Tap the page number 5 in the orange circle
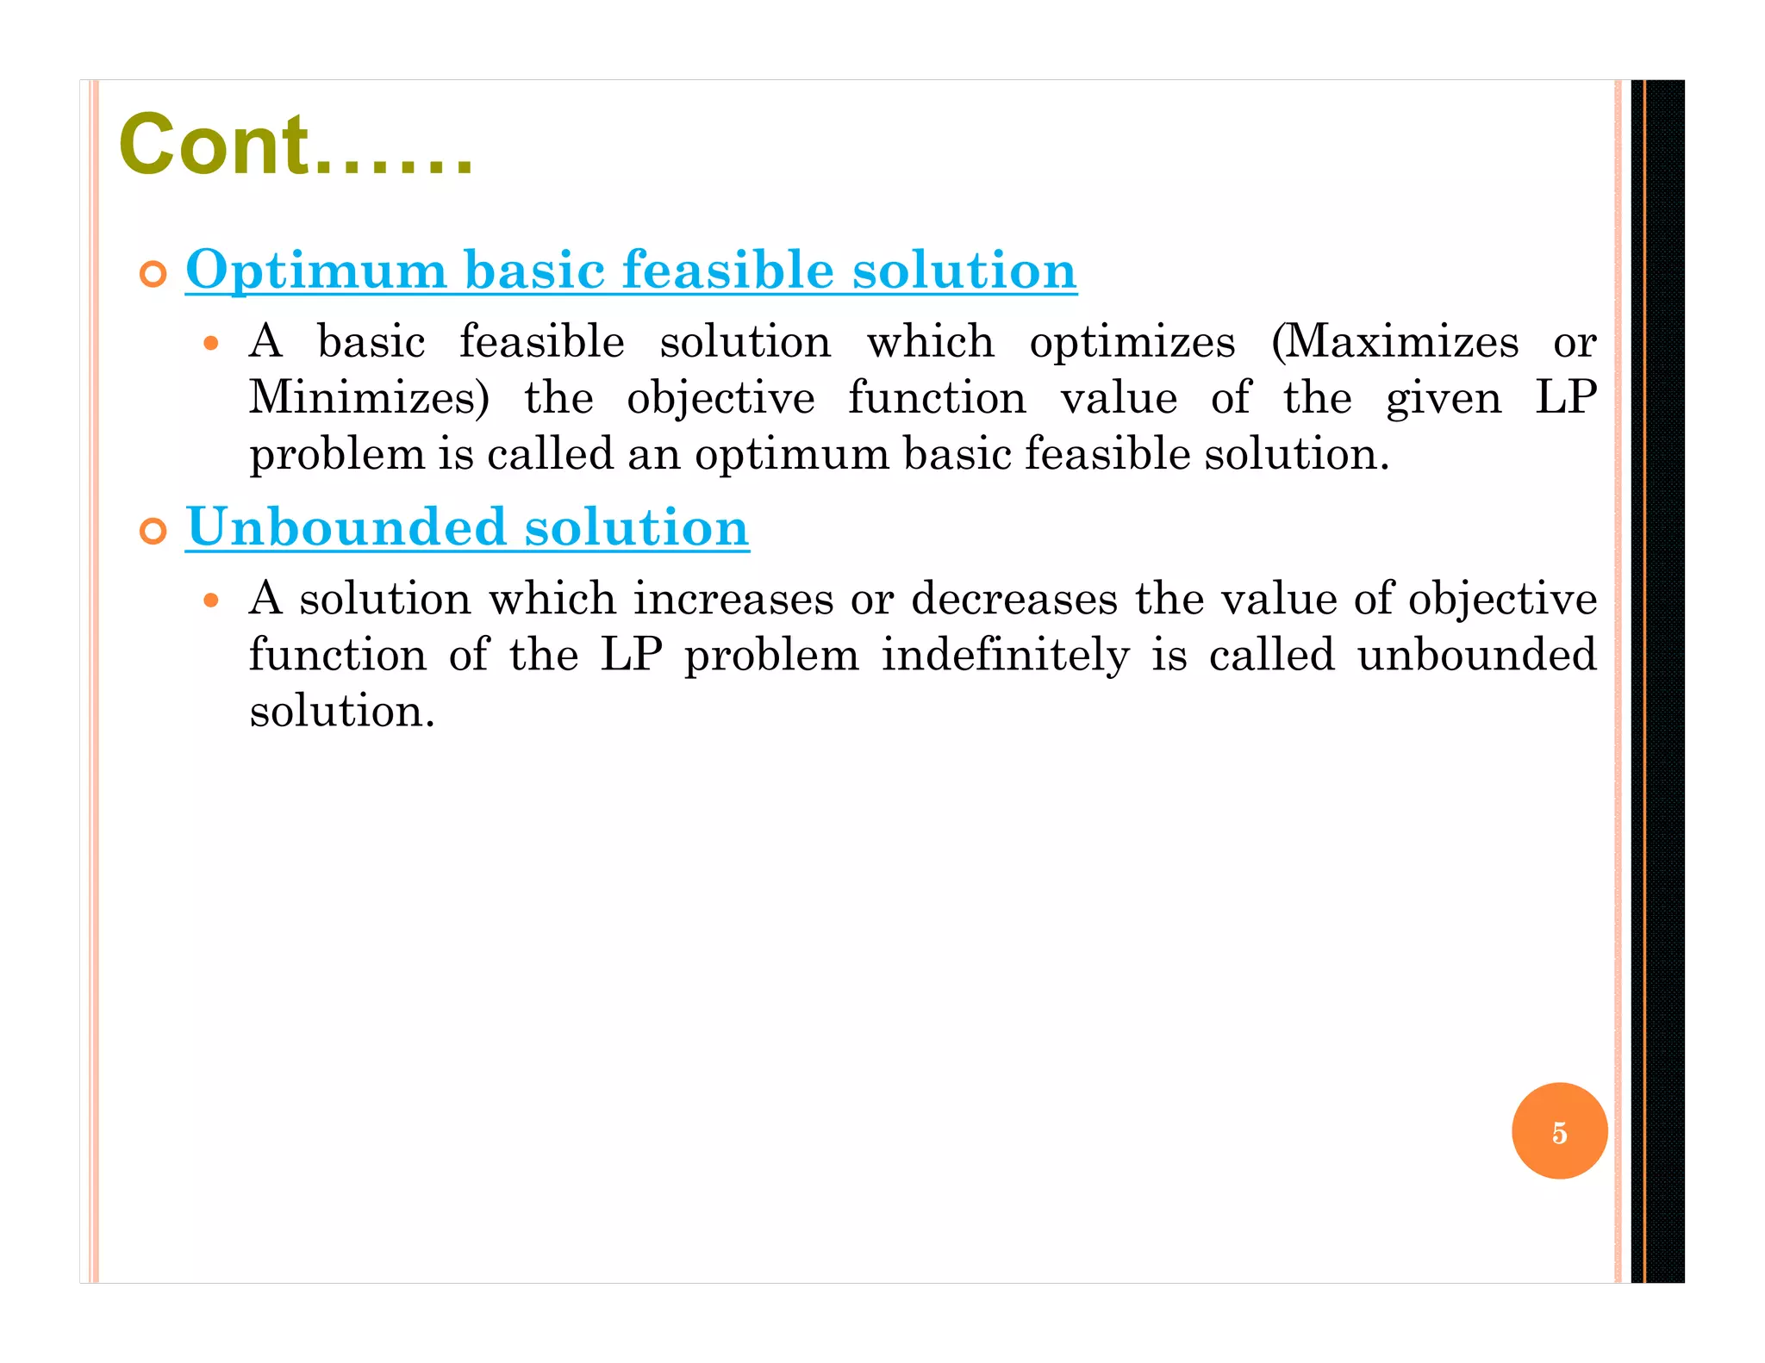(x=1559, y=1132)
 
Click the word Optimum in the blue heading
(x=315, y=270)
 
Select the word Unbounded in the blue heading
(x=346, y=526)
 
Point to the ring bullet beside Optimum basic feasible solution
(x=153, y=275)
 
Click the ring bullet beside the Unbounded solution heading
(x=153, y=532)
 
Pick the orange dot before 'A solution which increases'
(x=211, y=601)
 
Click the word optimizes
(x=1132, y=343)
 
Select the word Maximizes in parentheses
(x=1400, y=341)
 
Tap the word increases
(x=733, y=598)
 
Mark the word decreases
(x=1014, y=598)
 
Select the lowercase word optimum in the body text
(x=792, y=455)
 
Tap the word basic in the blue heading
(x=534, y=270)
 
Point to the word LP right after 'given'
(x=1566, y=398)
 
